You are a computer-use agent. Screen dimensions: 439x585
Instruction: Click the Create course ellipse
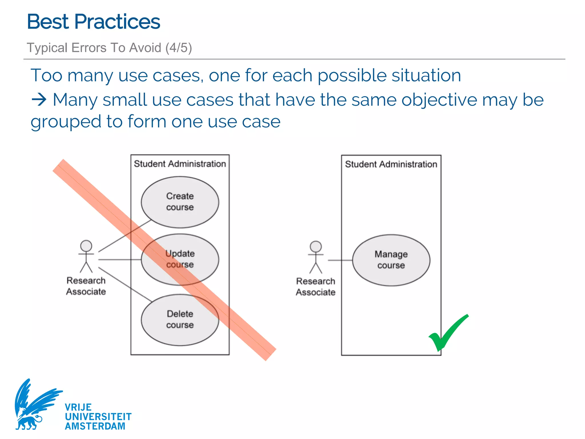(x=180, y=202)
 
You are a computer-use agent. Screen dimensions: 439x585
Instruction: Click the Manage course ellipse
(x=391, y=260)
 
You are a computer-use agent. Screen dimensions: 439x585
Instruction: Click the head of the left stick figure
(x=86, y=246)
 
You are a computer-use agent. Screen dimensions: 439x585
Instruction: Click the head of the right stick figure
(x=316, y=247)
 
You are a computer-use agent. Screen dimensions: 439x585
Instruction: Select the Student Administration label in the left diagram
(x=180, y=164)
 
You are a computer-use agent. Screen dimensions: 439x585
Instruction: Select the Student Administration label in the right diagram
(x=391, y=164)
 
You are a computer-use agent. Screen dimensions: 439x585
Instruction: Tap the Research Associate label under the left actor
(x=86, y=286)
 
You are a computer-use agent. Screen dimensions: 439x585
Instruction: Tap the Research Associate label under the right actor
(x=316, y=287)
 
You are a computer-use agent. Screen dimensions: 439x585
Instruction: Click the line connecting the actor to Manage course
(x=340, y=260)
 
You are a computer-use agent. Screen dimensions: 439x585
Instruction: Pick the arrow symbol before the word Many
(x=39, y=100)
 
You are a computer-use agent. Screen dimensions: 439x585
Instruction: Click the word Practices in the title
(x=117, y=22)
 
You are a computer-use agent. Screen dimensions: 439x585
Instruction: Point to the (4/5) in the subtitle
(x=179, y=47)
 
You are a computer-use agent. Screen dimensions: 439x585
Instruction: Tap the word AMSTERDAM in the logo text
(x=95, y=426)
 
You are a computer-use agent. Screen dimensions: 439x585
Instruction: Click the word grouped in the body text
(x=66, y=122)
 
